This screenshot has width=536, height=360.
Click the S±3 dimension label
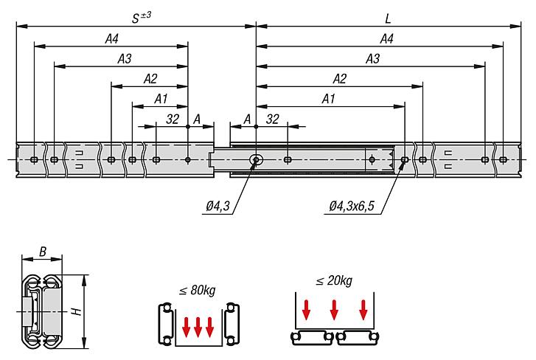140,16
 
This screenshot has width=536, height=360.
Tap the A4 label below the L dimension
386,38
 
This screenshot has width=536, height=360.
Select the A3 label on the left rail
124,58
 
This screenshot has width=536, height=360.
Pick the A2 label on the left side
150,78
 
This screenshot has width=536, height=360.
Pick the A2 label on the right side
340,78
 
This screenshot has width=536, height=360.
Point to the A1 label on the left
161,98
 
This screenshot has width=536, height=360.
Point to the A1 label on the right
330,98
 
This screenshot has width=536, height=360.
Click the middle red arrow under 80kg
197,325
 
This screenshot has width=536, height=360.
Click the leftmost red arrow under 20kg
306,311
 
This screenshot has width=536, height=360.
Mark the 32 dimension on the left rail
173,118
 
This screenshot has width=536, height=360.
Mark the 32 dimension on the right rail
272,118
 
